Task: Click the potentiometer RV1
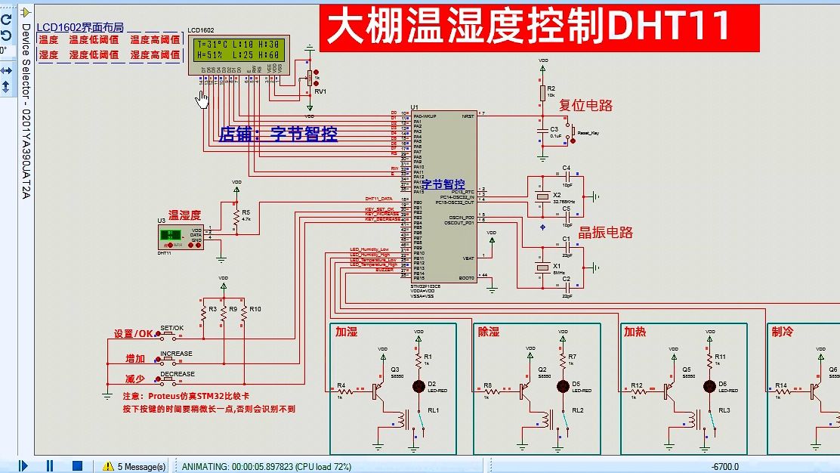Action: [x=308, y=78]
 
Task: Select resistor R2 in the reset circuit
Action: [x=542, y=93]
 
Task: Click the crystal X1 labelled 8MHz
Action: [x=542, y=267]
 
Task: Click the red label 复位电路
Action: [x=585, y=106]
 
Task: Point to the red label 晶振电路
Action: [x=605, y=232]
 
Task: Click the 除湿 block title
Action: [x=489, y=332]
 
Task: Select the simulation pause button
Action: [x=50, y=465]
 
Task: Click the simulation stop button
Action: [x=76, y=465]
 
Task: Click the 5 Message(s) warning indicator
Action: [x=135, y=466]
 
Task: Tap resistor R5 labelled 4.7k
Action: [x=236, y=218]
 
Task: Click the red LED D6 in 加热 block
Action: [x=710, y=386]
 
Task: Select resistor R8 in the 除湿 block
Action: [x=490, y=391]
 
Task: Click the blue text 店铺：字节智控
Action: [x=278, y=134]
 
